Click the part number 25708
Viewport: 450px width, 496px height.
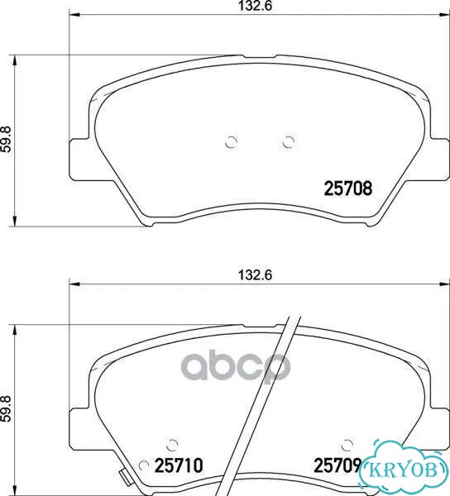point(348,188)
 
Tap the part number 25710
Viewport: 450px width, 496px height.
point(179,465)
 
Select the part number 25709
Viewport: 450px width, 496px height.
point(337,465)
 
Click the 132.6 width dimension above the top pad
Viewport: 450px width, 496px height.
point(255,6)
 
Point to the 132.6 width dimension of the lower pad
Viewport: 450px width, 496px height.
point(255,275)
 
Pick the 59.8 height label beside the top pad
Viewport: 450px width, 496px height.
point(6,140)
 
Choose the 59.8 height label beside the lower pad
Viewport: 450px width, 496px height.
point(6,408)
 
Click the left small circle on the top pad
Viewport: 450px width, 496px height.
point(231,141)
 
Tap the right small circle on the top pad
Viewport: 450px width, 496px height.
point(289,141)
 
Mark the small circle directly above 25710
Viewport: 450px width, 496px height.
point(172,445)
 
